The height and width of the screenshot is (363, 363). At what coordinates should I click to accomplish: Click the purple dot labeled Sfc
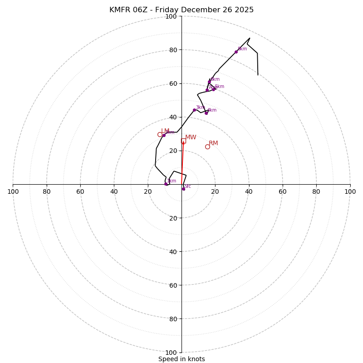click(x=183, y=189)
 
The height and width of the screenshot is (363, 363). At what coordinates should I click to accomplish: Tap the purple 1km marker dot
click(x=166, y=184)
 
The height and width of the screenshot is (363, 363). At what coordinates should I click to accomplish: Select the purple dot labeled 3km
click(x=194, y=110)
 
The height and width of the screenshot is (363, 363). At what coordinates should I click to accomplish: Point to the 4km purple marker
click(x=206, y=113)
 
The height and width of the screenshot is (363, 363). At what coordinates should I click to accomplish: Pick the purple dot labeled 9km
click(x=236, y=52)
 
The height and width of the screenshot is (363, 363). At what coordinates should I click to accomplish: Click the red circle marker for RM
click(x=207, y=147)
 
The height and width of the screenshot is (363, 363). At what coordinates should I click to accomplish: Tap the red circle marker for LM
click(x=160, y=134)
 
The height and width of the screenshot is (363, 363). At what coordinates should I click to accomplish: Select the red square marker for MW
click(x=183, y=141)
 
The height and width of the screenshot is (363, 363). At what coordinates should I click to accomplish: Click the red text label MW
click(x=191, y=137)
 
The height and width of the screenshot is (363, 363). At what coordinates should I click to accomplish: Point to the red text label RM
click(x=213, y=143)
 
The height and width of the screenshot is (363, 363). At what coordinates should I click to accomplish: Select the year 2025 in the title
click(x=244, y=10)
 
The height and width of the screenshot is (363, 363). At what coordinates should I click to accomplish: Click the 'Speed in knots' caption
click(x=181, y=359)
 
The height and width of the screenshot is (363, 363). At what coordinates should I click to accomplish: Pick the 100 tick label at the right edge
click(x=350, y=191)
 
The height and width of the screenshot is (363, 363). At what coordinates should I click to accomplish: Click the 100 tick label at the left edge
click(x=13, y=191)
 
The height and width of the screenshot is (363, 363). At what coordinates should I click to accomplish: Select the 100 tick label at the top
click(x=171, y=16)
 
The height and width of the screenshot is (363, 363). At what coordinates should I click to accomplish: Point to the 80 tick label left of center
click(x=47, y=191)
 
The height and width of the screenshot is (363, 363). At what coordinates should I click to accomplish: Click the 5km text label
click(x=220, y=87)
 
